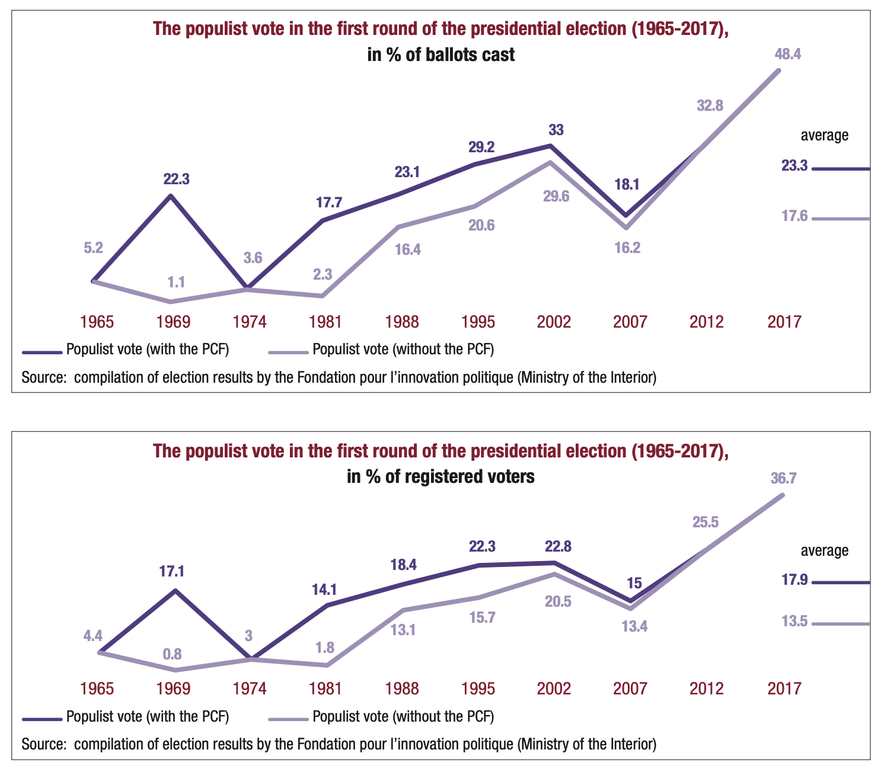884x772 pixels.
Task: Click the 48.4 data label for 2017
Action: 788,54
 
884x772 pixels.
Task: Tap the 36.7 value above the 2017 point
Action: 783,479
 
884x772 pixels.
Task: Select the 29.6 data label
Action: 556,196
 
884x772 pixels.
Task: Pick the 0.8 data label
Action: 172,654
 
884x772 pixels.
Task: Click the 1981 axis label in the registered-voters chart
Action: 325,688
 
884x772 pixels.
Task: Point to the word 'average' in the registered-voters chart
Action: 825,550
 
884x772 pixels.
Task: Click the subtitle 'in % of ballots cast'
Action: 441,55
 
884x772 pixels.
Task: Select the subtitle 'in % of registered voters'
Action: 441,476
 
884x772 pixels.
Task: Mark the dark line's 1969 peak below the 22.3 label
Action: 171,195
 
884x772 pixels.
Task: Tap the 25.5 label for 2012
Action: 706,522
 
